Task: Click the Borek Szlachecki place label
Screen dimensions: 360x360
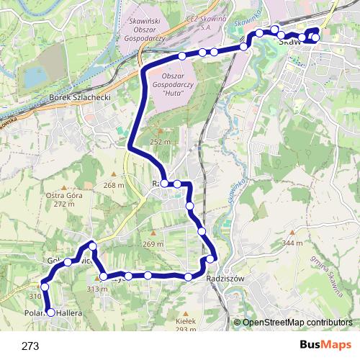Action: point(79,97)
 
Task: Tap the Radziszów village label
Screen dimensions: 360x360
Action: point(225,279)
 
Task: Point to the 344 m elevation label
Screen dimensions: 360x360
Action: point(292,243)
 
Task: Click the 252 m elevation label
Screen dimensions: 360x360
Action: point(161,142)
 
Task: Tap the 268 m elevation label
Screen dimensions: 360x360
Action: point(113,185)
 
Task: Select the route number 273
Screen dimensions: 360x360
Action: point(30,346)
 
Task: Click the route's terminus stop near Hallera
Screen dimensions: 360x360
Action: point(50,312)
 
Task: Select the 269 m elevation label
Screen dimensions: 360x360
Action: point(153,244)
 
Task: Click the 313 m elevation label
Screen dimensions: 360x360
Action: point(96,289)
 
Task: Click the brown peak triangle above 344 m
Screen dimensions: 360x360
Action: point(292,233)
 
